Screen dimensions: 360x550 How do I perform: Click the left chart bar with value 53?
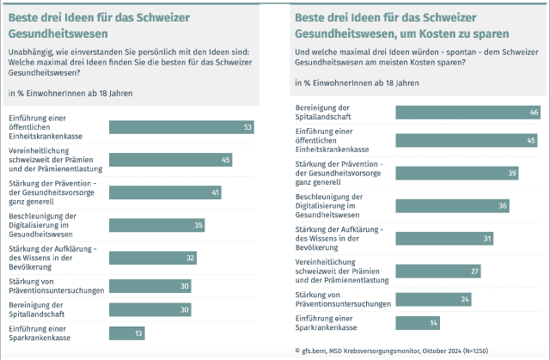[182, 127]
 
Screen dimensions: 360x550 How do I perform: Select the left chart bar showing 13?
[126, 333]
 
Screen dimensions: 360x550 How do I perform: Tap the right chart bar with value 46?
[467, 112]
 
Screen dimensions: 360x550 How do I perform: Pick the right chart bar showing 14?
[417, 322]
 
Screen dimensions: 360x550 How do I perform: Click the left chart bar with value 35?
[157, 225]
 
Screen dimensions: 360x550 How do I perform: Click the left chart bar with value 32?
[153, 258]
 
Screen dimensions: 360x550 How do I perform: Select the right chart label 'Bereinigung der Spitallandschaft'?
[328, 112]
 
